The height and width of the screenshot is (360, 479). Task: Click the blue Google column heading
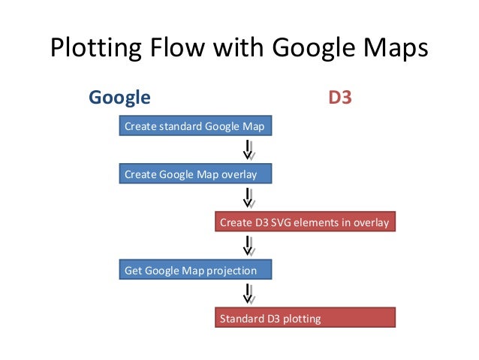click(119, 98)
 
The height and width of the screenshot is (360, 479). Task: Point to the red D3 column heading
click(340, 98)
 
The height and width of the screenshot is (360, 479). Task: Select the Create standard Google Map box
click(194, 126)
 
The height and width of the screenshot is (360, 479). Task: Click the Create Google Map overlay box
click(194, 174)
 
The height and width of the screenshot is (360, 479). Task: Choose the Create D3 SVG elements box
click(304, 222)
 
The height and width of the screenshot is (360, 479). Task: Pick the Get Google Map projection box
click(194, 271)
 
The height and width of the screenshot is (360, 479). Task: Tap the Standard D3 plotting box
click(304, 319)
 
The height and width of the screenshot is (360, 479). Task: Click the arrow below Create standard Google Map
click(247, 150)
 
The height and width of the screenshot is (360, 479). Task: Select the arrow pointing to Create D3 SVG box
click(247, 198)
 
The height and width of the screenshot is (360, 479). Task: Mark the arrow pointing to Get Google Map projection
click(247, 247)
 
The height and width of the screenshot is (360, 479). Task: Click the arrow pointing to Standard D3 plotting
click(247, 294)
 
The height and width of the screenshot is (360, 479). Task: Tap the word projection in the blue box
click(233, 271)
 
